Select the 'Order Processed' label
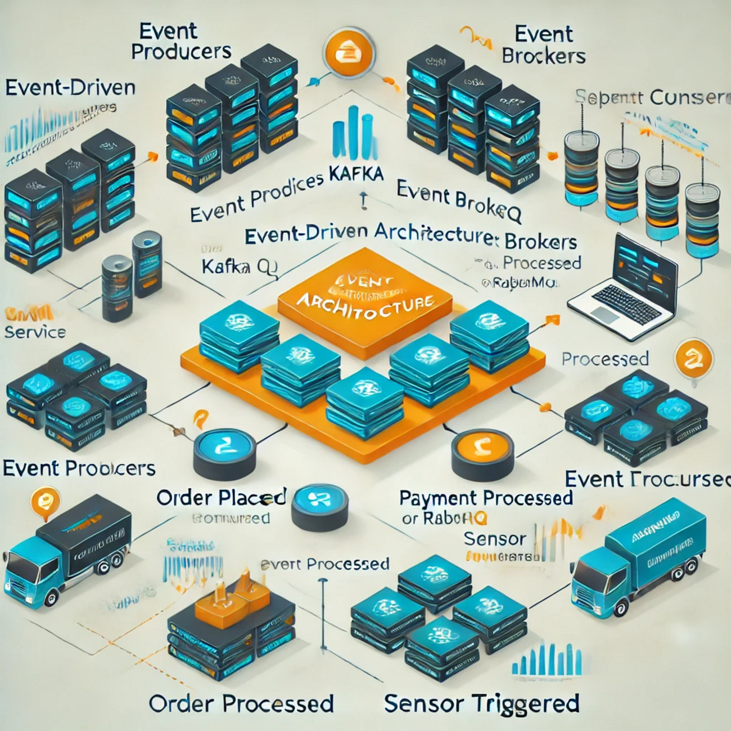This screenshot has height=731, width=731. (x=241, y=704)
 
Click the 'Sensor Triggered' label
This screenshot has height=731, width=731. (x=481, y=703)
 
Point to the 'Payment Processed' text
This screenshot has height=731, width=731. (x=486, y=498)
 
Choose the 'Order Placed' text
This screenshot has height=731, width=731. (x=221, y=498)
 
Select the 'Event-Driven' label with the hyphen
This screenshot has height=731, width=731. (x=70, y=88)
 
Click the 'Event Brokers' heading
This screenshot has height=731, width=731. (x=543, y=45)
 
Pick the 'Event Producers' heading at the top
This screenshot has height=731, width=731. (x=181, y=41)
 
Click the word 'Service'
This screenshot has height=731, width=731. (x=35, y=332)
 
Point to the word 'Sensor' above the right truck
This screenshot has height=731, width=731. (x=495, y=539)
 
